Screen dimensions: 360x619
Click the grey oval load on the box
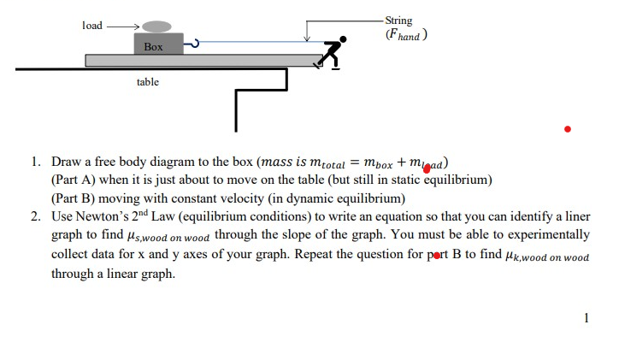coord(157,27)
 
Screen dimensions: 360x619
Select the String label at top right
coord(398,21)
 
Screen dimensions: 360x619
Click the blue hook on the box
coord(193,43)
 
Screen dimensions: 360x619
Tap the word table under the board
coord(148,83)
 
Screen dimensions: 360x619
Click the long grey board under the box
coord(205,60)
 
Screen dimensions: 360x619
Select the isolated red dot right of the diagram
coord(566,129)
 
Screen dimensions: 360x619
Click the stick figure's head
coord(343,38)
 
